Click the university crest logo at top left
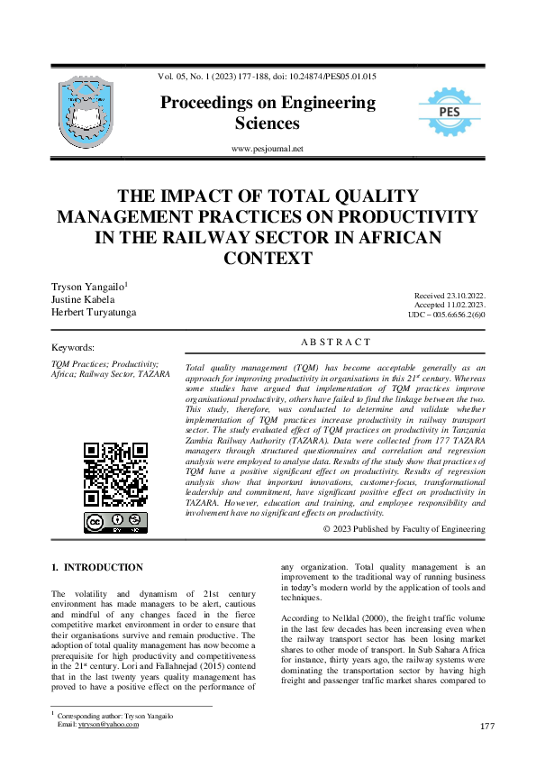[x=86, y=112]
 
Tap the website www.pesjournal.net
[x=268, y=149]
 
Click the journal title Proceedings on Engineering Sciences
[x=268, y=113]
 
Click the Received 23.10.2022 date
[x=450, y=296]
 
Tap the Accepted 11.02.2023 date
[x=450, y=306]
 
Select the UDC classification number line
[x=447, y=315]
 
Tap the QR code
[x=115, y=474]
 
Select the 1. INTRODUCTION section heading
[x=97, y=567]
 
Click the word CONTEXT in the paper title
[x=268, y=258]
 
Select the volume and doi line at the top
[x=268, y=77]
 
